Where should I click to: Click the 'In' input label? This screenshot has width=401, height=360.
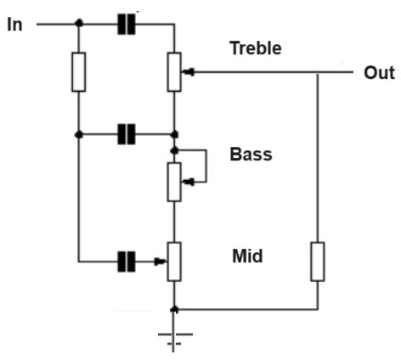tap(14, 25)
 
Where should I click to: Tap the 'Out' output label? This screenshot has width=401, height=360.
tap(379, 73)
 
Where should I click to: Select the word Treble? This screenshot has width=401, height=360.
tap(256, 48)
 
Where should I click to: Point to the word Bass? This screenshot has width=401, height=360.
tap(251, 155)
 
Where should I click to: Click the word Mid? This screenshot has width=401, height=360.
tap(247, 256)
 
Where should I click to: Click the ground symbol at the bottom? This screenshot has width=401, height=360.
tap(175, 338)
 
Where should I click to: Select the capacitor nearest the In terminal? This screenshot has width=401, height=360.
tap(127, 25)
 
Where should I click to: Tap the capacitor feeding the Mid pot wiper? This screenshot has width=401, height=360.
tap(127, 262)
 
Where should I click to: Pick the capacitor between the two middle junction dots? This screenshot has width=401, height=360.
tap(127, 134)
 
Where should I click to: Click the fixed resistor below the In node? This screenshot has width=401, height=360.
tap(79, 72)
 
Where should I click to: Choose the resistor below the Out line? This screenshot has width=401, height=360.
tap(318, 262)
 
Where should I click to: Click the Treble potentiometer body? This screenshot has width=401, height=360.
tap(174, 72)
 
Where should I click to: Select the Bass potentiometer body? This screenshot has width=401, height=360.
tap(174, 182)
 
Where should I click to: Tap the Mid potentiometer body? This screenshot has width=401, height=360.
tap(174, 262)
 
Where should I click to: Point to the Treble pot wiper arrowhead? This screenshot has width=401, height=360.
tap(189, 72)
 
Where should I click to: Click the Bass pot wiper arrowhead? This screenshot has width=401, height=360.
tap(189, 182)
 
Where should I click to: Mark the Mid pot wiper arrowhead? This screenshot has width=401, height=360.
tap(161, 262)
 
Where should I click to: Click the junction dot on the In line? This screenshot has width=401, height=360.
tap(79, 23)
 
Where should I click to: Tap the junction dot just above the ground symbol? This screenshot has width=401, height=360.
tap(174, 309)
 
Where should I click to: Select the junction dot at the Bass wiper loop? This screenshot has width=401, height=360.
tap(175, 150)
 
